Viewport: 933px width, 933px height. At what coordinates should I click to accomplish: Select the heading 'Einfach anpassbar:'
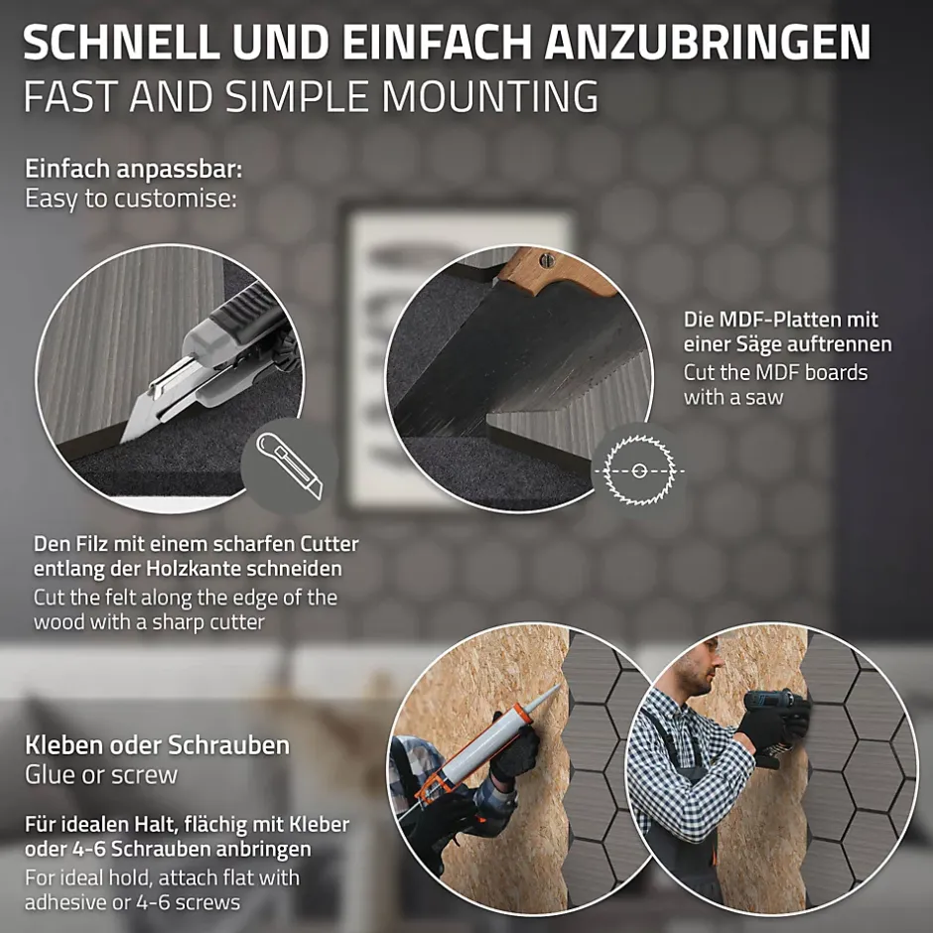pos(134,169)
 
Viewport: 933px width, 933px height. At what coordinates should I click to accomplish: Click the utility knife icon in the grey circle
pos(291,465)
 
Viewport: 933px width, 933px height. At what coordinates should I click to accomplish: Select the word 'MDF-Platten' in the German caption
pos(780,320)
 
